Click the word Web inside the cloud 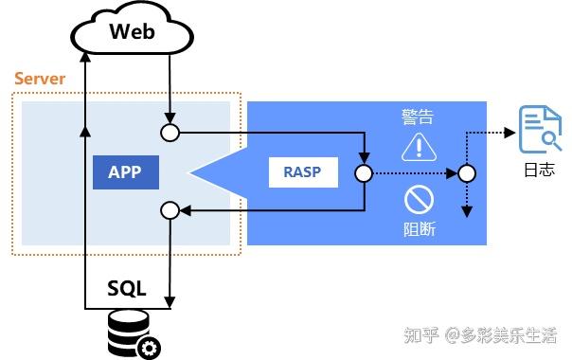tap(132, 31)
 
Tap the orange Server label tap(40, 79)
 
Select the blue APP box tap(126, 172)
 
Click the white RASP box tap(303, 172)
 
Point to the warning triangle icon tap(417, 147)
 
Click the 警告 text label tap(418, 117)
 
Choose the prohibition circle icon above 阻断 tap(418, 200)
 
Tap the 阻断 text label tap(418, 229)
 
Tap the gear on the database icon tap(149, 348)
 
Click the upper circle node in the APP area tap(170, 132)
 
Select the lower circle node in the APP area tap(170, 209)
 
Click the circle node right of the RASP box tap(364, 173)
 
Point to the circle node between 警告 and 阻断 tap(465, 173)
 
